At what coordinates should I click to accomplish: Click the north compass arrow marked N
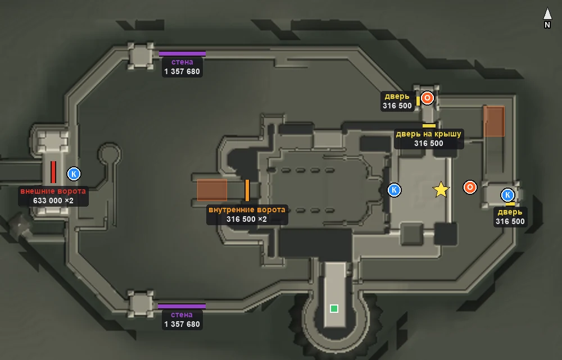[547, 15]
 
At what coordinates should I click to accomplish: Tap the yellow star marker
[441, 189]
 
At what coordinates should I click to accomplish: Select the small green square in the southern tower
[334, 308]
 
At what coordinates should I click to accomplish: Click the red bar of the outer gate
[53, 172]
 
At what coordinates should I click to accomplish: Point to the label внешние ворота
[53, 191]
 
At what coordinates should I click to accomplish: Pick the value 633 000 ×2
[53, 200]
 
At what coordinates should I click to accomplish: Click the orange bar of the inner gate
[247, 190]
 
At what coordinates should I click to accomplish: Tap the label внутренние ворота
[247, 209]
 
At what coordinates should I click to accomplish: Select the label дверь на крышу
[429, 134]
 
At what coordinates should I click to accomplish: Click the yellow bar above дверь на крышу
[429, 126]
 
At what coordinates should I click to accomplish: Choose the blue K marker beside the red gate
[74, 174]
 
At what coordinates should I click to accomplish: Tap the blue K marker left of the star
[395, 190]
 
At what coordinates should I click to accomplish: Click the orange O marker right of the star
[470, 187]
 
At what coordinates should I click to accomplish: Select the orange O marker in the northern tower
[427, 98]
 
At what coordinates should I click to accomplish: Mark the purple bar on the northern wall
[182, 54]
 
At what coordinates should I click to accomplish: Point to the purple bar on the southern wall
[182, 306]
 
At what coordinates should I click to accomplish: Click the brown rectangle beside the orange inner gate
[212, 190]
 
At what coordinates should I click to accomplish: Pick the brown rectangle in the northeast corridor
[494, 121]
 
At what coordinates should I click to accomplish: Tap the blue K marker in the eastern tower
[507, 195]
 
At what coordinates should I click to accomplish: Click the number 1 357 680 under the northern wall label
[182, 72]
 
